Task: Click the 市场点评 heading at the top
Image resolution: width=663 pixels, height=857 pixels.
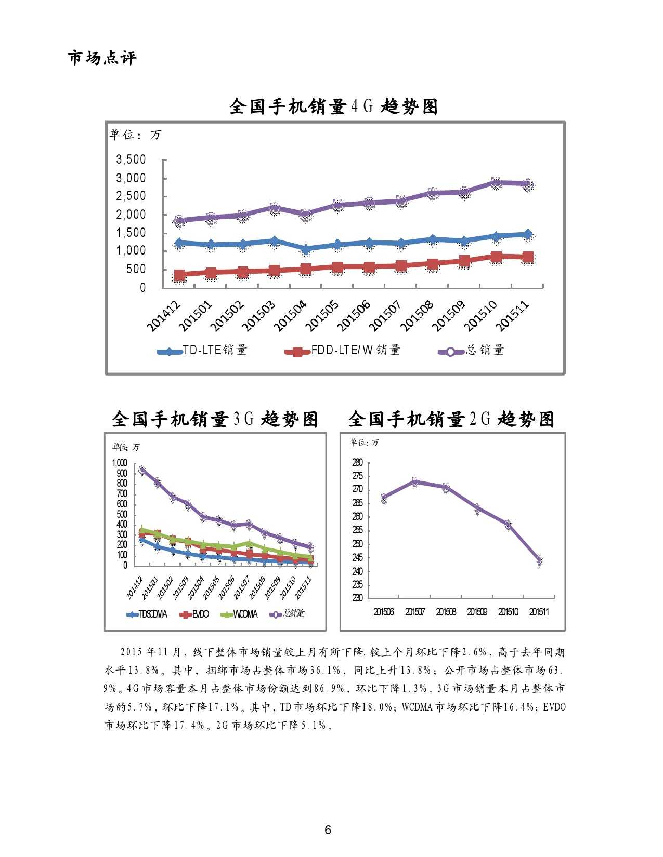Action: click(102, 58)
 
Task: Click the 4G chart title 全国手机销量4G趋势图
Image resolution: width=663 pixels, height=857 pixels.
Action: click(333, 106)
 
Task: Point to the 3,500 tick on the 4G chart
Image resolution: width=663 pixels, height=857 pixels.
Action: click(131, 159)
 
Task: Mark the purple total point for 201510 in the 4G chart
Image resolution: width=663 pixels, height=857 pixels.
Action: click(496, 183)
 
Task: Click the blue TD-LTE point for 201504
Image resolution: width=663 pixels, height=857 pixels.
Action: click(306, 250)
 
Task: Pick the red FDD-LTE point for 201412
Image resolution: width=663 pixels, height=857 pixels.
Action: click(179, 276)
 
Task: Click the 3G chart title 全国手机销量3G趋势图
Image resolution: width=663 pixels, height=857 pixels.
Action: click(215, 419)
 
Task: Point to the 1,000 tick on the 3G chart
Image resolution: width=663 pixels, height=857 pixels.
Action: click(120, 463)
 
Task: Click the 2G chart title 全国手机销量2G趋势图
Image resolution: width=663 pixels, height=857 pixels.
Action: click(451, 419)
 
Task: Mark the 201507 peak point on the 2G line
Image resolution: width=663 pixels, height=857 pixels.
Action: click(414, 482)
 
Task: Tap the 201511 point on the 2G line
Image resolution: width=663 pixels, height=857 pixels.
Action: click(539, 561)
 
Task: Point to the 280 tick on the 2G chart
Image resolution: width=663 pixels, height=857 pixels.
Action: click(358, 462)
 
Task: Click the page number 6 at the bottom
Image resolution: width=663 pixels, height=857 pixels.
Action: click(328, 829)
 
